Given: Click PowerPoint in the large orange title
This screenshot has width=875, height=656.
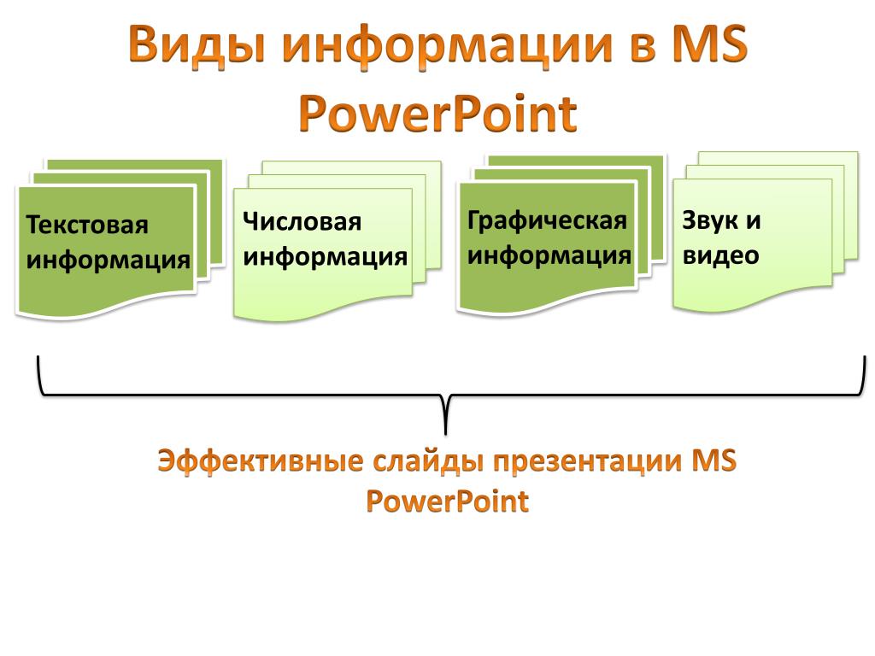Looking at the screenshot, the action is [438, 114].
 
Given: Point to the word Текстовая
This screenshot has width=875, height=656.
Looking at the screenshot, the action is [87, 225].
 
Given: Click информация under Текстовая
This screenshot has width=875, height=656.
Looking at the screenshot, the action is [109, 261].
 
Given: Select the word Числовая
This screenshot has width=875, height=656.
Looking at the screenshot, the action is [302, 221].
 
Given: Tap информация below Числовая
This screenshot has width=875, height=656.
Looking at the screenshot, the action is [325, 257].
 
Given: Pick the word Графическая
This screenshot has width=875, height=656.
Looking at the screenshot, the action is [547, 221].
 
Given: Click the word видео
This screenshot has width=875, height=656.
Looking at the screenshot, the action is [720, 255].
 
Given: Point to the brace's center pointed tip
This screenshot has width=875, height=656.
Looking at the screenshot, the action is [445, 434].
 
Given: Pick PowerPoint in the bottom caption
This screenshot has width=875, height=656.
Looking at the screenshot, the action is [448, 501].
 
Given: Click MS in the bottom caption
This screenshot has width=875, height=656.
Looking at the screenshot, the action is [714, 460].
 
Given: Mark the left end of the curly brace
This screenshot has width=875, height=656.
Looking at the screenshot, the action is [38, 357].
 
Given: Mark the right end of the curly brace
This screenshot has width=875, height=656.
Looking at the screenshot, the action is [865, 357].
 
